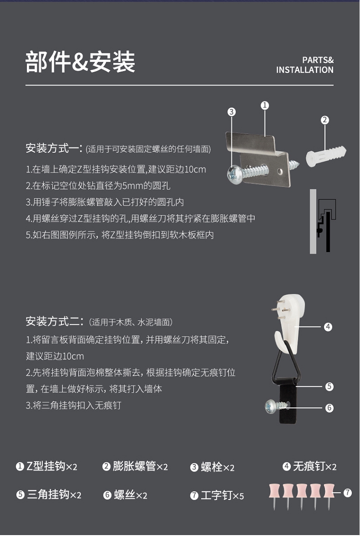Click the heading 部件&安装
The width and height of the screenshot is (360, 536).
point(80,62)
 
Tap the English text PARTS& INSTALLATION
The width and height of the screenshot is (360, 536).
point(305,65)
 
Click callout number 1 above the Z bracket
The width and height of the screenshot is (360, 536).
point(264,106)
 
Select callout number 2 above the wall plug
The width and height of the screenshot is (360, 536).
point(324,120)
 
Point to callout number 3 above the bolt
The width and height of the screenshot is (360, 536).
point(231,112)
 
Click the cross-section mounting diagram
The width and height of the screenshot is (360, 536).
point(323,221)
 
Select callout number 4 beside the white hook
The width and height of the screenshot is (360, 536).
point(328,327)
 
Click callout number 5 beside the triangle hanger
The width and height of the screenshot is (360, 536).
point(329,387)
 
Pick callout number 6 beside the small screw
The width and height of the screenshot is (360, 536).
point(329,408)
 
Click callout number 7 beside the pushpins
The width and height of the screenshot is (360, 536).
point(348,493)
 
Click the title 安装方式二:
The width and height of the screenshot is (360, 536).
point(54,321)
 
